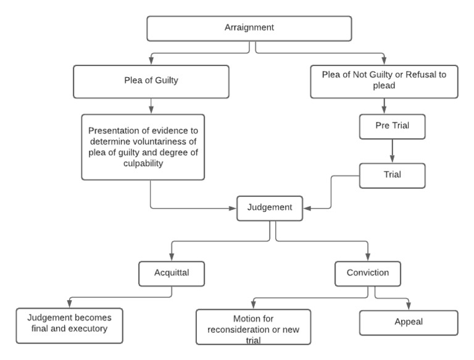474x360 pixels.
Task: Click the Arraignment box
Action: point(249,28)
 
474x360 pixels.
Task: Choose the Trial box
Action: point(393,174)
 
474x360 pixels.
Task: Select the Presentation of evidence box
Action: point(151,147)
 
